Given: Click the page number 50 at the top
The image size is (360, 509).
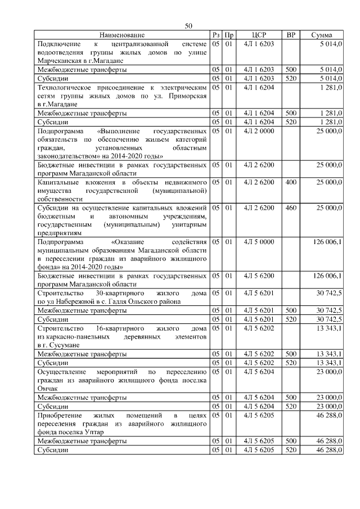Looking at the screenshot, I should pyautogui.click(x=188, y=26).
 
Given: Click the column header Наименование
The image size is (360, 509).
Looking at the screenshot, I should pyautogui.click(x=123, y=35).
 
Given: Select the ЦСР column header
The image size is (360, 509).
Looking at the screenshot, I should pyautogui.click(x=259, y=35).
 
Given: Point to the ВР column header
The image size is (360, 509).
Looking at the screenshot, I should pyautogui.click(x=291, y=35).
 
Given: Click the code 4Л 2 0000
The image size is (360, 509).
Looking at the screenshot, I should pyautogui.click(x=259, y=130).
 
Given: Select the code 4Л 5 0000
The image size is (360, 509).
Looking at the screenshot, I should pyautogui.click(x=259, y=242).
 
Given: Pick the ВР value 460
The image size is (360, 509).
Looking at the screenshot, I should pyautogui.click(x=291, y=208).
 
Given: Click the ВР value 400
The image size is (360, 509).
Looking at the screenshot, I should pyautogui.click(x=291, y=182).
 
